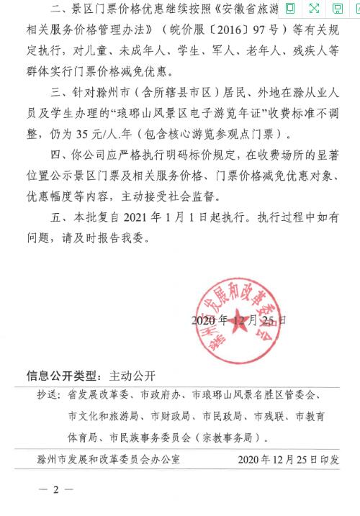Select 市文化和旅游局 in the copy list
tap(102, 416)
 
